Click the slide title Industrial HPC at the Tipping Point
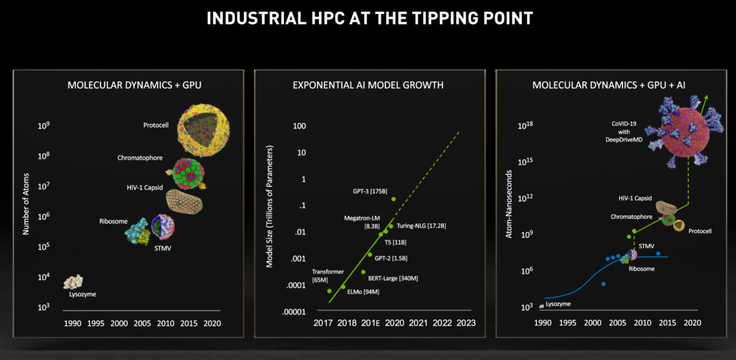coord(369,18)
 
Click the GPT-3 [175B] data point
coord(393,199)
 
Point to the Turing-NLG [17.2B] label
coord(421,226)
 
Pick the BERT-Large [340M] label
coord(393,278)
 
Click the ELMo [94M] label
coord(363,292)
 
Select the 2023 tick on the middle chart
coord(465,323)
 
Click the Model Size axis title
coord(269,206)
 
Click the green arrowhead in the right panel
coord(705,98)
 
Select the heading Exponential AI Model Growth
coord(368,85)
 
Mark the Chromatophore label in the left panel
coord(140,158)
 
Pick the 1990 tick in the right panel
coord(543,323)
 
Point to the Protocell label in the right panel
coord(699,231)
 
